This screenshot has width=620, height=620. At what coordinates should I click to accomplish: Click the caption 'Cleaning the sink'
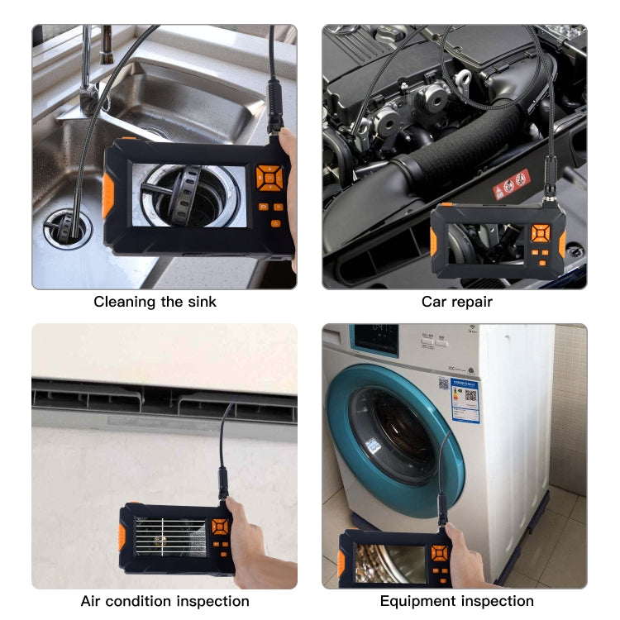pos(155,302)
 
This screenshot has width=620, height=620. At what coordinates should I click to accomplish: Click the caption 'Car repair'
pos(456,302)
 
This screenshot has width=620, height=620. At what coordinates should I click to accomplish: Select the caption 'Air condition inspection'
pos(165,601)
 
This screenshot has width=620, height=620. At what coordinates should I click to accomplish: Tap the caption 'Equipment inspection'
pos(456,601)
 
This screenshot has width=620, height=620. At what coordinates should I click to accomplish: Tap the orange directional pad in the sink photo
pos(269,176)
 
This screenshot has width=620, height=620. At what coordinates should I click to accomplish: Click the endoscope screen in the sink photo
pos(188,197)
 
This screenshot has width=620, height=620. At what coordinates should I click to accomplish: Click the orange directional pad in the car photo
pos(540,234)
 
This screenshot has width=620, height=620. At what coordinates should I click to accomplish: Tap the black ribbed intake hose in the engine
pos(463,149)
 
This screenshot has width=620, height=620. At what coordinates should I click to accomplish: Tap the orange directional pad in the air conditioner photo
pos(220,527)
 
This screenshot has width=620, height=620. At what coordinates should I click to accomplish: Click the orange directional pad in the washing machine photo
pos(439,553)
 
